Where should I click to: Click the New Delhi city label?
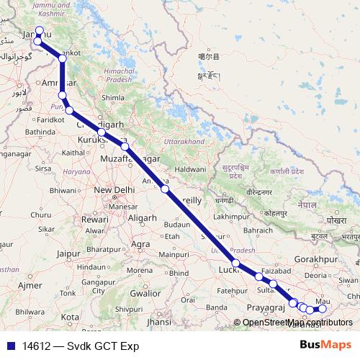(111, 190)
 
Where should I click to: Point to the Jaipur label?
(67, 253)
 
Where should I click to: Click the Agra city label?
(141, 244)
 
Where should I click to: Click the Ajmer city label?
(30, 285)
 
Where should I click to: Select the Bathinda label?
(40, 132)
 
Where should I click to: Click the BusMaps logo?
(325, 346)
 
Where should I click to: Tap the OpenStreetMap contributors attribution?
(291, 322)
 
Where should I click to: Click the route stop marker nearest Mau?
(323, 309)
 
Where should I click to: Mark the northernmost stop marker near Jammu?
(39, 32)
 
